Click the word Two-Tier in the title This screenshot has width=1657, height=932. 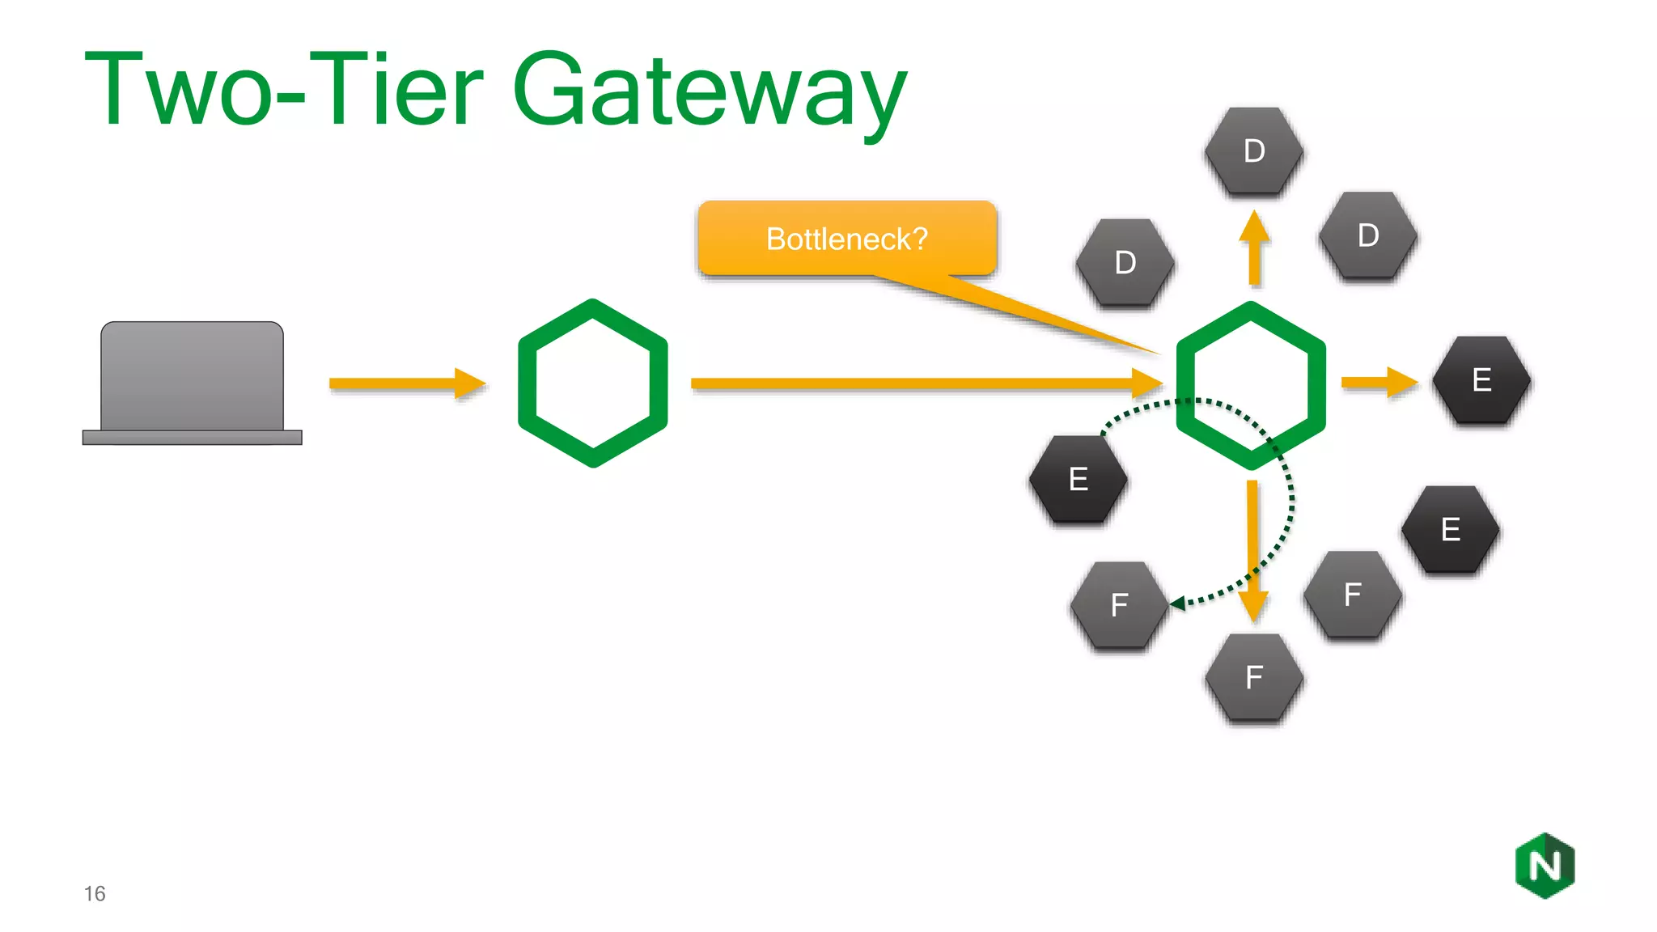283,91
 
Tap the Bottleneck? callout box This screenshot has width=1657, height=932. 846,239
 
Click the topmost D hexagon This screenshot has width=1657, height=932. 1253,151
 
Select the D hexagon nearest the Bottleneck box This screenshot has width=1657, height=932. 1125,263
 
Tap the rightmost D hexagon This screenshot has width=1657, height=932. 1367,235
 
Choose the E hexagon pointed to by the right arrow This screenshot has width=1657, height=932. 1481,380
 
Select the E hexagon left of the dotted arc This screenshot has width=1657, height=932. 1078,479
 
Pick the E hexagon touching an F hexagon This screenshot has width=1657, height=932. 1450,530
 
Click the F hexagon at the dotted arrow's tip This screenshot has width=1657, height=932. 1119,605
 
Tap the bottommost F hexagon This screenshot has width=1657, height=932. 1253,677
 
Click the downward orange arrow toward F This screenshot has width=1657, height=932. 1252,550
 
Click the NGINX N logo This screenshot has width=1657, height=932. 1545,866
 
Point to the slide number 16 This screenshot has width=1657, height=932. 95,893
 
